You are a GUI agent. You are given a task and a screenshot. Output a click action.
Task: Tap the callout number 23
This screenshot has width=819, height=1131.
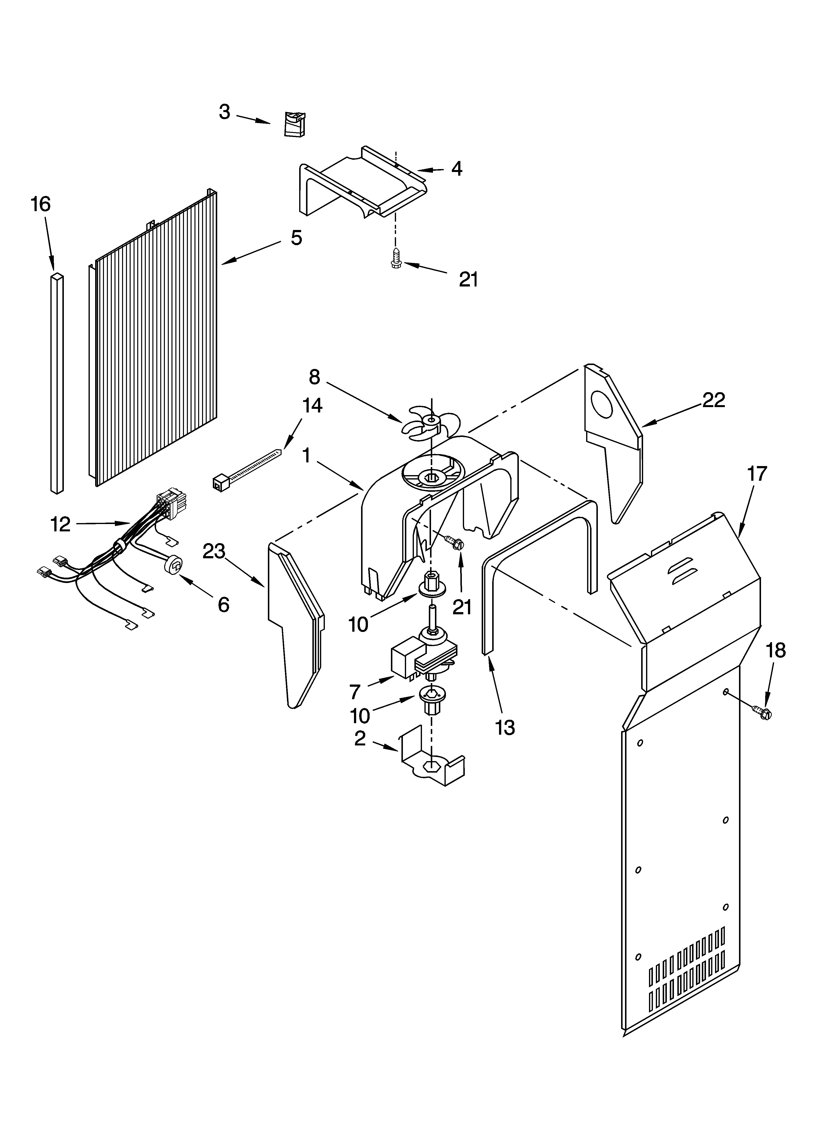pyautogui.click(x=214, y=551)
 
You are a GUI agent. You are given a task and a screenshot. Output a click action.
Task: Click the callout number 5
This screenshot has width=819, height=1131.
pyautogui.click(x=296, y=238)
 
